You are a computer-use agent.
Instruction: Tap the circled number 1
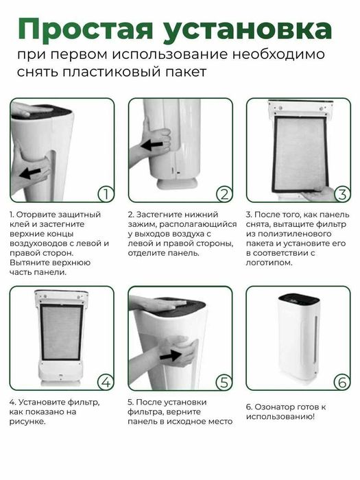pyautogui.click(x=104, y=194)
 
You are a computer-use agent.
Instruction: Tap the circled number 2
pyautogui.click(x=222, y=194)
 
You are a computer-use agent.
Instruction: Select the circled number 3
pyautogui.click(x=341, y=194)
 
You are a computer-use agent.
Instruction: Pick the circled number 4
pyautogui.click(x=104, y=381)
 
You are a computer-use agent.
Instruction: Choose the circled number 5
pyautogui.click(x=222, y=381)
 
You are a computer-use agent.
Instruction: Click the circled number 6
pyautogui.click(x=341, y=381)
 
